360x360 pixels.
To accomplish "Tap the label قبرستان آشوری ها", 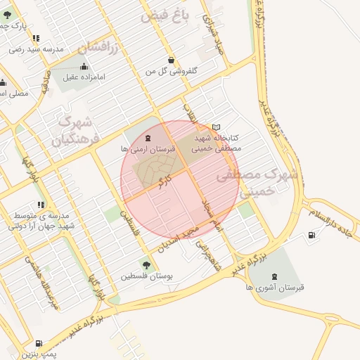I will [274, 287].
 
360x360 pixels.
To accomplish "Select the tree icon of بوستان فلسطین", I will [146, 265].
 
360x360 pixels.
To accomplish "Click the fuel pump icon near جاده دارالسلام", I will [311, 235].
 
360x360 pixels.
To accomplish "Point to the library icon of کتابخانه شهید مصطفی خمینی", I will [216, 127].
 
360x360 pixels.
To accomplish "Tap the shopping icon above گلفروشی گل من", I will [172, 60].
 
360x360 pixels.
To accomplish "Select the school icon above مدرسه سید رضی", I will [36, 38].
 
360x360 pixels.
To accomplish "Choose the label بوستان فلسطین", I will [146, 277].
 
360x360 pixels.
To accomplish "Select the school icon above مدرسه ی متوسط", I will [39, 205].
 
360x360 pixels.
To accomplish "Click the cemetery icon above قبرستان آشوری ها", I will [274, 275].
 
